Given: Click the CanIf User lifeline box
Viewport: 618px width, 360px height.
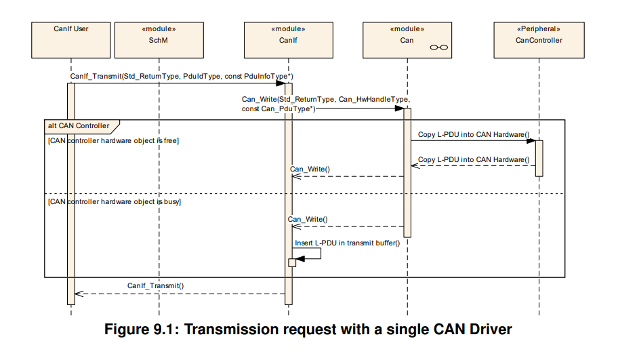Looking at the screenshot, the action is tap(71, 40).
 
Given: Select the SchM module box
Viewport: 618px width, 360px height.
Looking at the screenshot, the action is tap(159, 40).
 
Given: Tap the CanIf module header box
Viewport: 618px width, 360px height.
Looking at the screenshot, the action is tap(289, 40).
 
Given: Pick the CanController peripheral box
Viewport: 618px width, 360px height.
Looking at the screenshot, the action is tap(539, 40).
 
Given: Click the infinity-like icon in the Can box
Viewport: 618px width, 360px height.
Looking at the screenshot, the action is tap(438, 47).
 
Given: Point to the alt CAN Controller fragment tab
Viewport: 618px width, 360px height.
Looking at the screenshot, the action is tap(81, 126).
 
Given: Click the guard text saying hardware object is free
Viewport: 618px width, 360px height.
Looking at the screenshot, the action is tap(114, 141).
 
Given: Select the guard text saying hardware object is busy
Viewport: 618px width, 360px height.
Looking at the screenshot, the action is tap(115, 202).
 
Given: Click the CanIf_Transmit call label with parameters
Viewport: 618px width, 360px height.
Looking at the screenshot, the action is tap(182, 76).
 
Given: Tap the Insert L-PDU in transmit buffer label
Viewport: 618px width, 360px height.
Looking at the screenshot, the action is tap(347, 243).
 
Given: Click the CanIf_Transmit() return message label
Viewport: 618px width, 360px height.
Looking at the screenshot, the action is tap(155, 285).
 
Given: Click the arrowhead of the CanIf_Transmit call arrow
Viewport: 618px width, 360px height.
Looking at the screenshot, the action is tap(281, 83).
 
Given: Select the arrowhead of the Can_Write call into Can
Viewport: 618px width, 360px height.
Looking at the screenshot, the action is tap(400, 108).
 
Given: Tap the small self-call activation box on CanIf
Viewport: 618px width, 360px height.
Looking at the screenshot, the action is tap(292, 262).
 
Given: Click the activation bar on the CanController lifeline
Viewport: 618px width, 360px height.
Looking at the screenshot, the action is tap(539, 159).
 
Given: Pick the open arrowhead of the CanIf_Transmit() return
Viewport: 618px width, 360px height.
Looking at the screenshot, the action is tap(79, 294).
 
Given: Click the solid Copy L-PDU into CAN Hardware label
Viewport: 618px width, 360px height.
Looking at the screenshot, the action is tap(474, 134).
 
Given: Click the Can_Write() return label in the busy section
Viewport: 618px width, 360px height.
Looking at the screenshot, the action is tap(308, 219).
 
